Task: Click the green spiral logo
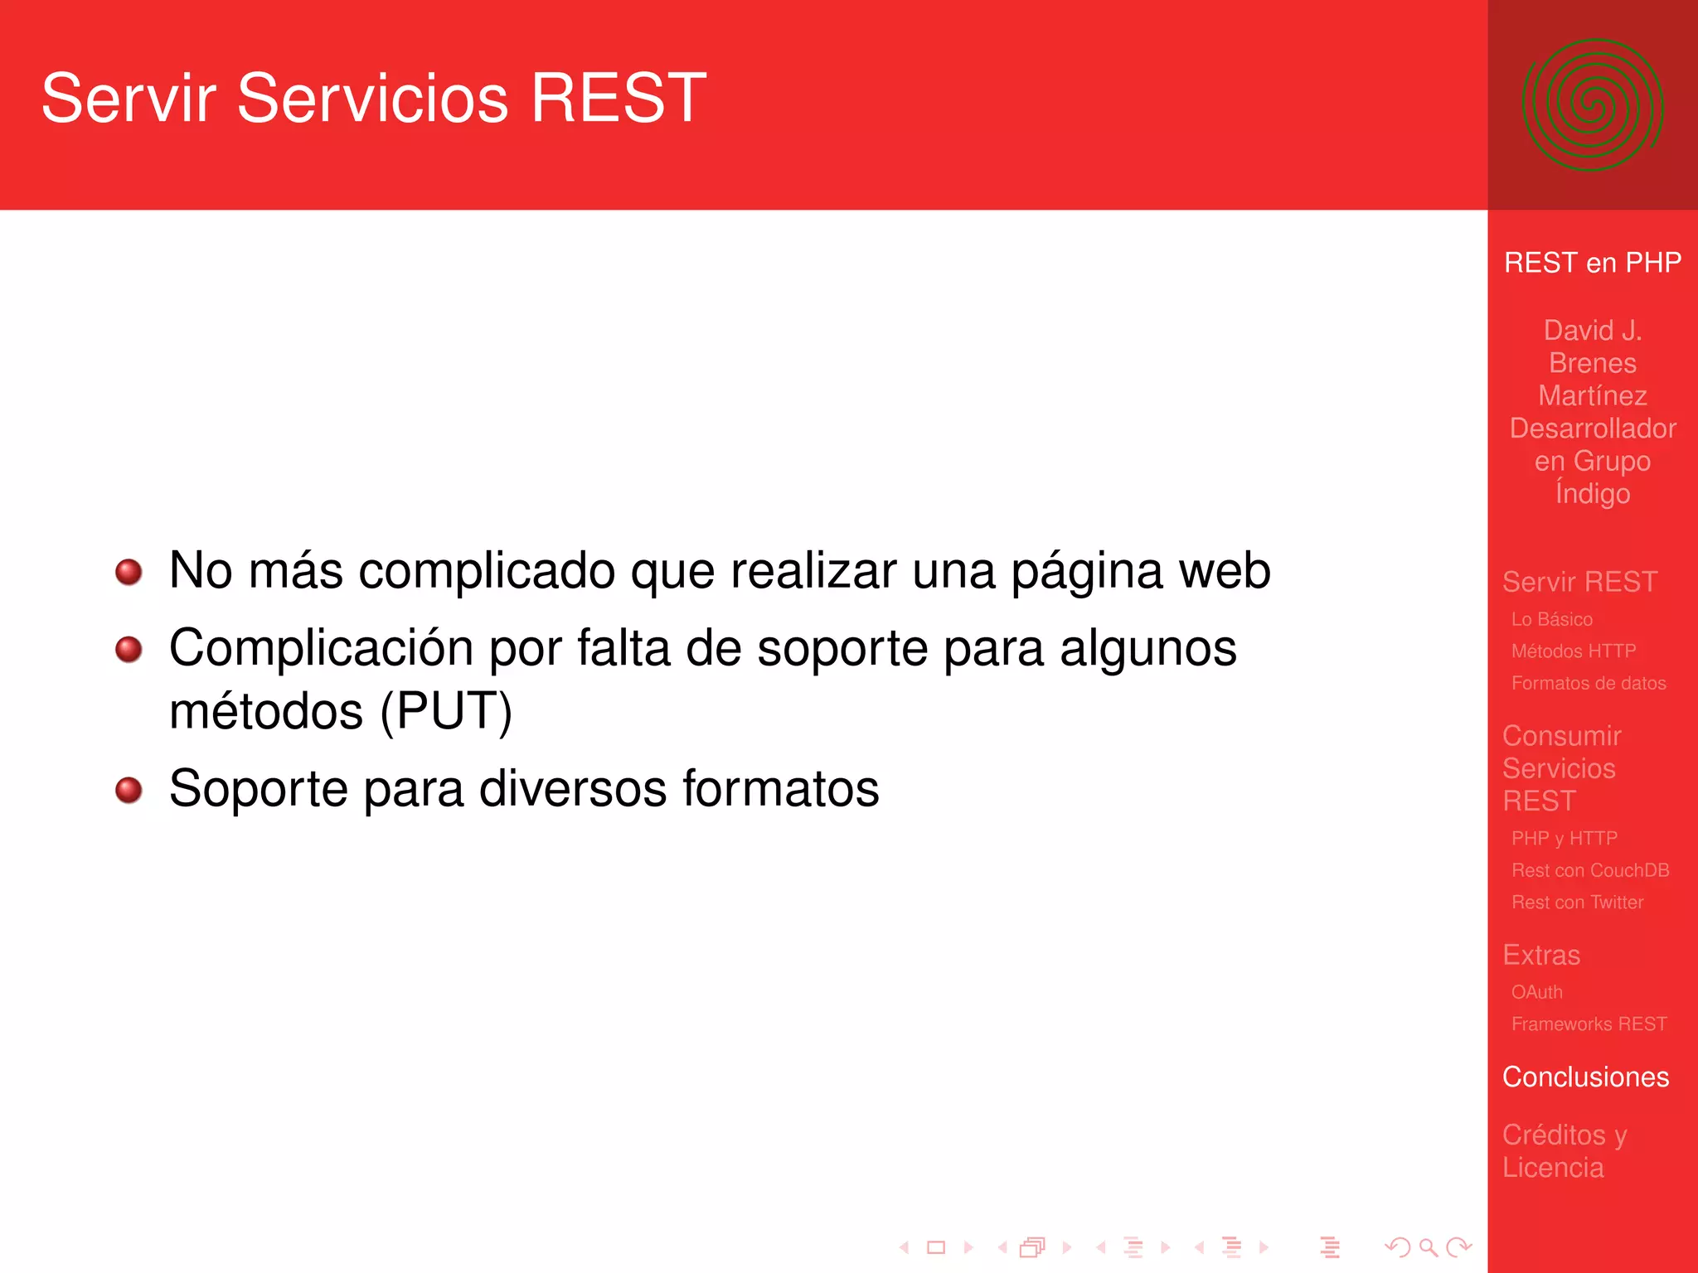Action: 1592,105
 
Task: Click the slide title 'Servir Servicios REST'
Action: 373,99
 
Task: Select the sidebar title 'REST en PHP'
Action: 1592,263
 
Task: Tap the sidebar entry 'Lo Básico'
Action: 1551,619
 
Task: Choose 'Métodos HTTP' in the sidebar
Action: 1573,651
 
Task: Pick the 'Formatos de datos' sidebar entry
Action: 1588,683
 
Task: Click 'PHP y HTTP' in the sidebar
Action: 1564,838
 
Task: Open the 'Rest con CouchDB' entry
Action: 1589,870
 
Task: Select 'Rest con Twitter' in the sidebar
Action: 1577,903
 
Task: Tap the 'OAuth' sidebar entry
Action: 1536,992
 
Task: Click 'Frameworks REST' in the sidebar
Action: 1589,1024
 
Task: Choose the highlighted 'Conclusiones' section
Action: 1585,1077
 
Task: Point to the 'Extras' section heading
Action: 1541,955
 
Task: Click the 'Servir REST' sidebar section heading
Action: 1579,582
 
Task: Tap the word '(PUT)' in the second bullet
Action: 446,711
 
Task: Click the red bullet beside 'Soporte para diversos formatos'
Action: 129,790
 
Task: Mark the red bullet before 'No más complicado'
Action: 129,572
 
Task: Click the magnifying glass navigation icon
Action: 1428,1246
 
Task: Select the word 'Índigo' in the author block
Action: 1592,492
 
